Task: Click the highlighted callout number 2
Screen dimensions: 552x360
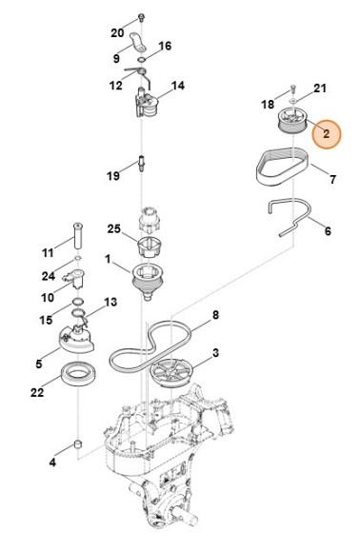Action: (326, 135)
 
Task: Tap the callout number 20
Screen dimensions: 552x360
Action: (118, 33)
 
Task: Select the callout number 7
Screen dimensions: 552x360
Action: (332, 179)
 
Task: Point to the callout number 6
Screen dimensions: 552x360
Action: (327, 230)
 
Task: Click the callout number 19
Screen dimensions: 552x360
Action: (112, 176)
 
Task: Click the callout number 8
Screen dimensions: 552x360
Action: (215, 315)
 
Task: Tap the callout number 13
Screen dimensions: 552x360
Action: (110, 303)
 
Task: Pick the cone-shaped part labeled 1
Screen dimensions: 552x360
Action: (149, 280)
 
